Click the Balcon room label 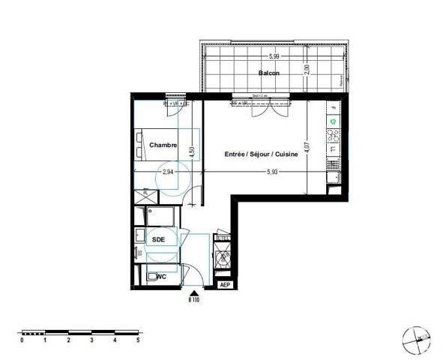click(269, 73)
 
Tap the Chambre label click(163, 145)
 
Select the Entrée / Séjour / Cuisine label click(262, 154)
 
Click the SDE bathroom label click(158, 239)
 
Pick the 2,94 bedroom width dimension click(169, 172)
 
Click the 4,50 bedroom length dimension click(192, 150)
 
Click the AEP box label click(224, 285)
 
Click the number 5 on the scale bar click(138, 340)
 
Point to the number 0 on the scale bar click(22, 340)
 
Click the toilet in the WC click(153, 277)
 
